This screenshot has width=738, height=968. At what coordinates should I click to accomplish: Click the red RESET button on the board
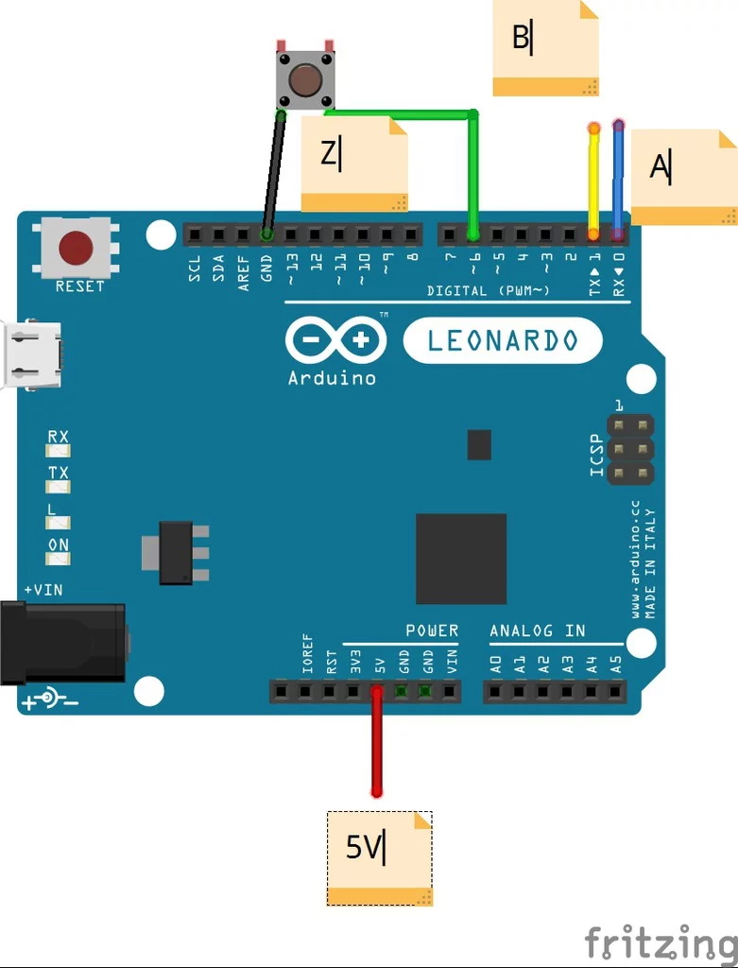pos(76,249)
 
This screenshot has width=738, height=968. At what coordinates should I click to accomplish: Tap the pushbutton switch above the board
pos(303,79)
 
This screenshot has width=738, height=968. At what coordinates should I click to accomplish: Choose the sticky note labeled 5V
pos(379,857)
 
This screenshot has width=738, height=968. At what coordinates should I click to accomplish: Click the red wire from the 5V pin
pos(377,747)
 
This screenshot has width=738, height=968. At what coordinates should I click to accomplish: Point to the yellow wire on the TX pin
pos(594,180)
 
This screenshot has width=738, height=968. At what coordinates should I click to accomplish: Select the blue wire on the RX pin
pos(619,180)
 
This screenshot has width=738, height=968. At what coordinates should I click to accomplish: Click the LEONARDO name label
pos(503,340)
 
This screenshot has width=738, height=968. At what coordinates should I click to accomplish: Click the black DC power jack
pos(62,641)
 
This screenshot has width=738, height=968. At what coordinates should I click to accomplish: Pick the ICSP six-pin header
pos(630,448)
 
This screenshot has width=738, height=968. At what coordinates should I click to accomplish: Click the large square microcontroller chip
pos(461,559)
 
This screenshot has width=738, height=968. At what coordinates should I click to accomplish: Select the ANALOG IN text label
pos(537,631)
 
